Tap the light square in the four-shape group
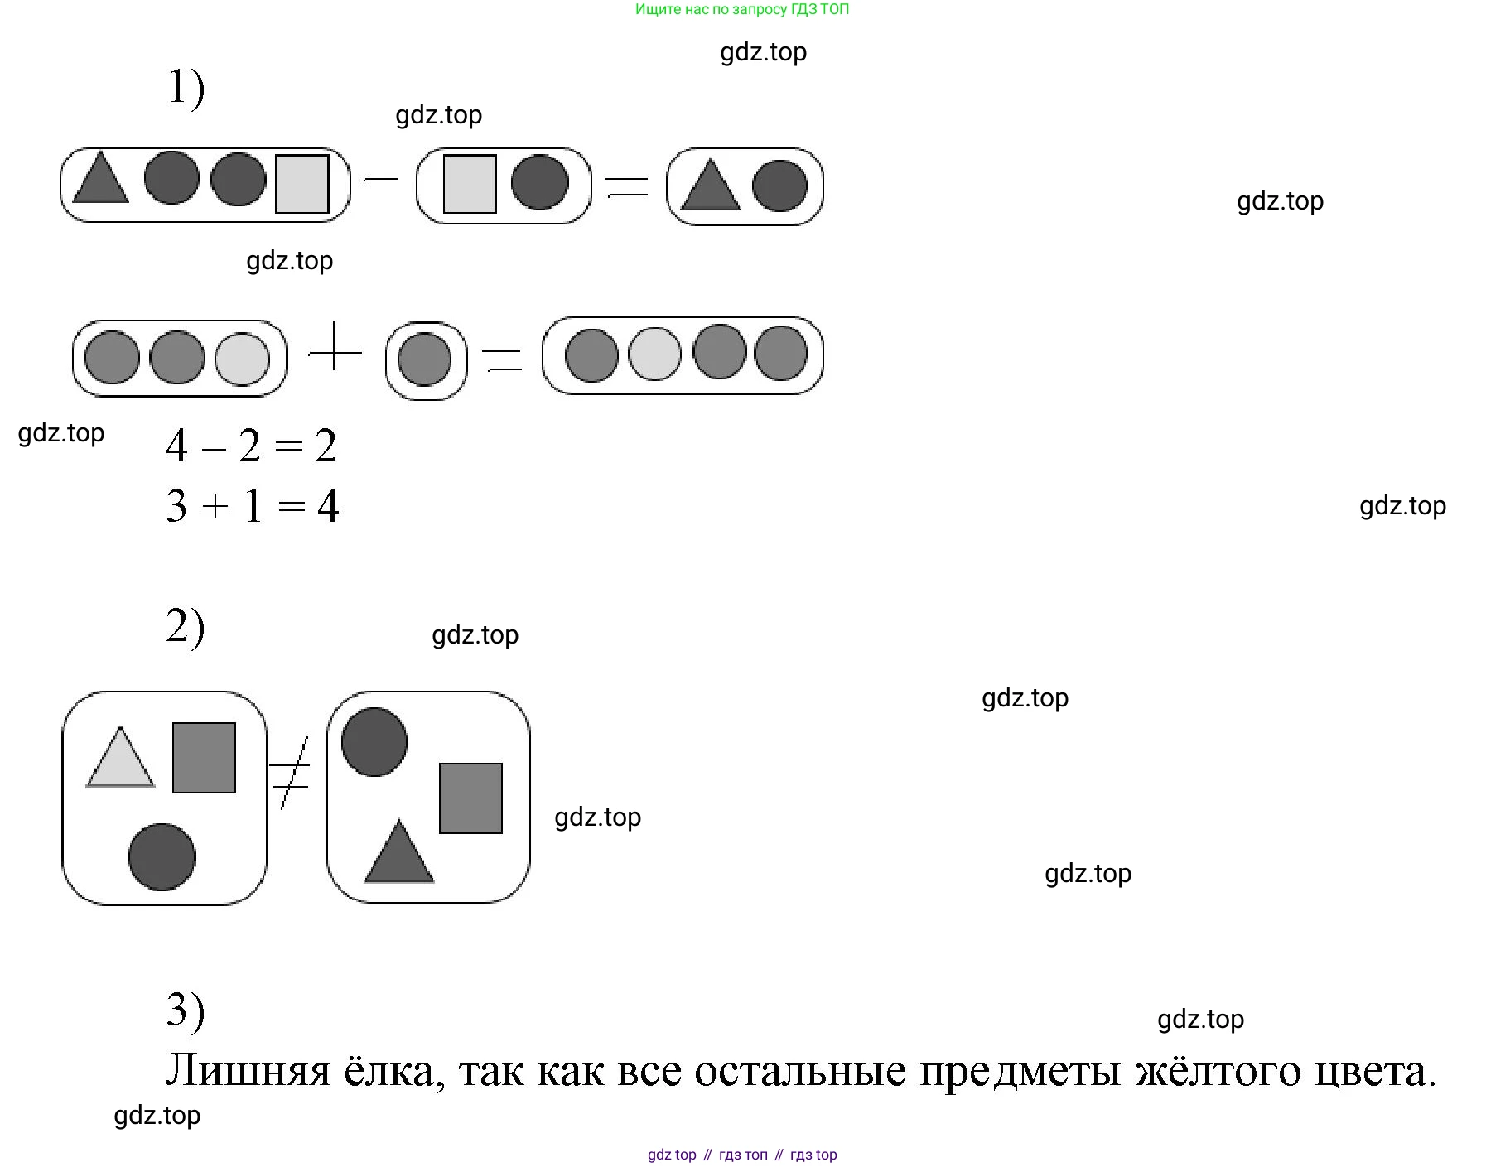(302, 184)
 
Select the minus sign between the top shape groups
(380, 178)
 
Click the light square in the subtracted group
(470, 184)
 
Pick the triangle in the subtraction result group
(710, 186)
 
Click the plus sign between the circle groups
(335, 351)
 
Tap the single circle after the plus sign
(425, 359)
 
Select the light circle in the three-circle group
(242, 359)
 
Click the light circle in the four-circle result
(654, 354)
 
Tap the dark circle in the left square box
(162, 856)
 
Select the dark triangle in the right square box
(399, 855)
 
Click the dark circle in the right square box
(374, 742)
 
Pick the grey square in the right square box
(470, 798)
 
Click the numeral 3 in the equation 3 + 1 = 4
(176, 506)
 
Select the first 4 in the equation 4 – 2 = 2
(176, 446)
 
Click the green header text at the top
(742, 10)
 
